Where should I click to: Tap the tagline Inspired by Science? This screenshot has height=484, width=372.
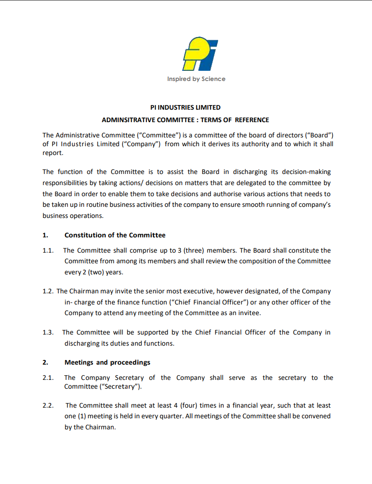tap(196, 79)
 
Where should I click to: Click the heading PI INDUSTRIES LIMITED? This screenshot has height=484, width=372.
tap(186, 107)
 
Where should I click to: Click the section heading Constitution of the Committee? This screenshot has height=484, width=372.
tap(115, 235)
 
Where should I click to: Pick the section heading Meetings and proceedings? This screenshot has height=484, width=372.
tap(107, 362)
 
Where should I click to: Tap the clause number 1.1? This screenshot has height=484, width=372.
tap(48, 250)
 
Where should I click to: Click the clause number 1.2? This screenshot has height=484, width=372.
tap(48, 291)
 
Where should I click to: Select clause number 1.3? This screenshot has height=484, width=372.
tap(48, 332)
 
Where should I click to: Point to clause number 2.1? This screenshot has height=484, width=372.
tap(48, 378)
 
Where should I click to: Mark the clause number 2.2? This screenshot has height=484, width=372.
tap(48, 405)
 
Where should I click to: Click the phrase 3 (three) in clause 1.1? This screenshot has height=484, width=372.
tap(187, 250)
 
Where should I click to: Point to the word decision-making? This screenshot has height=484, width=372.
tap(309, 172)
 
